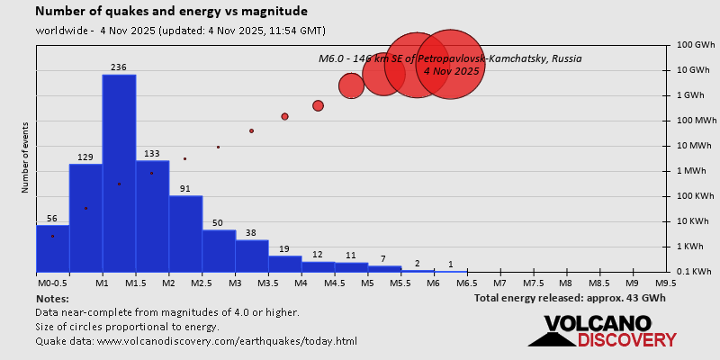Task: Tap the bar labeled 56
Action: [x=52, y=248]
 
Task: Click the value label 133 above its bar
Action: [x=152, y=154]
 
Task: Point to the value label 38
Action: [x=251, y=233]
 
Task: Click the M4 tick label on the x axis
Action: [x=301, y=283]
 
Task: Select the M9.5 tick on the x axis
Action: [x=666, y=283]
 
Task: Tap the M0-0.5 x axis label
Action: [x=52, y=283]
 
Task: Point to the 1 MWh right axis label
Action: [x=694, y=171]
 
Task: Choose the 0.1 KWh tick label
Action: [x=694, y=272]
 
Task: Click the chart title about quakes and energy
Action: [x=171, y=12]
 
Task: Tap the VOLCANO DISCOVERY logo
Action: [x=601, y=330]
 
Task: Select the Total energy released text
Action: [x=570, y=297]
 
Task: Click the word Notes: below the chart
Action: [x=52, y=298]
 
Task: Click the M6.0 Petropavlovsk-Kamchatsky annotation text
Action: [x=450, y=64]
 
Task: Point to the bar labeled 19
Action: [x=284, y=264]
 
